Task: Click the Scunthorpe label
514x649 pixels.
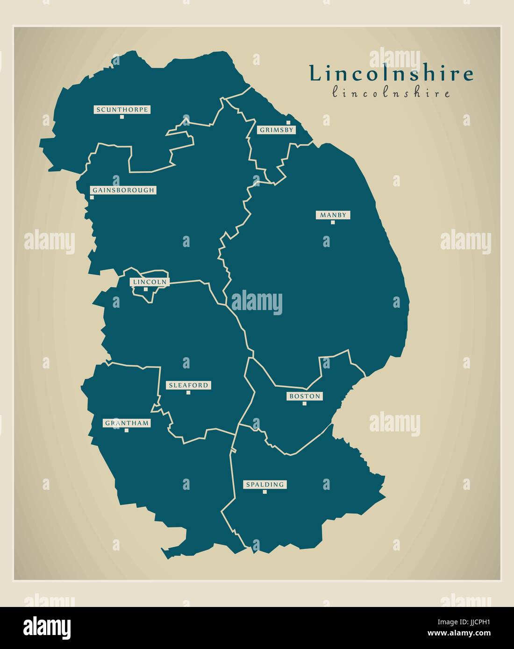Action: point(122,110)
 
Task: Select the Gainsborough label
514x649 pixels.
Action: point(122,190)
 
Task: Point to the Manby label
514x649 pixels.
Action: point(333,215)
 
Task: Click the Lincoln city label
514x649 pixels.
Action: point(150,282)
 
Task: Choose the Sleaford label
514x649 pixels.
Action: point(188,385)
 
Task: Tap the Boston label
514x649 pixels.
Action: point(304,396)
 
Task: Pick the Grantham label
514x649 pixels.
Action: point(127,423)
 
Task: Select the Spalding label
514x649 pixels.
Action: point(265,485)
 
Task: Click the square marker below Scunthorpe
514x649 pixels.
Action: point(122,117)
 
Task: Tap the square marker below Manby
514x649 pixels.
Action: point(333,222)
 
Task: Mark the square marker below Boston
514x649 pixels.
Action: point(304,403)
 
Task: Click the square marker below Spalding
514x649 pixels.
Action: point(264,492)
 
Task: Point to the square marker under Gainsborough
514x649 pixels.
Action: point(92,198)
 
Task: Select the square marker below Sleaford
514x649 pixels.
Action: point(188,392)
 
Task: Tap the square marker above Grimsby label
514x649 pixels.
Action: point(288,123)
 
